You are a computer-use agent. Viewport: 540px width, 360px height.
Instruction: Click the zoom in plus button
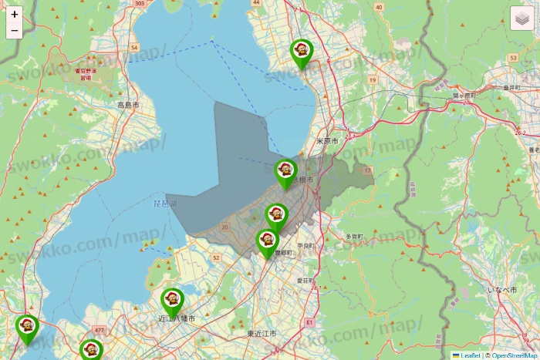point(15,15)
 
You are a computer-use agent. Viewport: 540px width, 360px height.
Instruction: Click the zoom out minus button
point(15,31)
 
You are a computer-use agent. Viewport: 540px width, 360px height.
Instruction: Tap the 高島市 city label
point(128,105)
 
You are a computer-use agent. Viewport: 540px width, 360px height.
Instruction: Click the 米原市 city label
point(328,142)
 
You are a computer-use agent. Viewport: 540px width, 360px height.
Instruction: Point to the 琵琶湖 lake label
point(165,204)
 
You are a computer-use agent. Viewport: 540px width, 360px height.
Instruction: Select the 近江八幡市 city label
point(177,318)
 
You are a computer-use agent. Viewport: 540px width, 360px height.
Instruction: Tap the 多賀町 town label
point(354,236)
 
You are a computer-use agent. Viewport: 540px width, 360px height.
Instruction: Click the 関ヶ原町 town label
point(464,95)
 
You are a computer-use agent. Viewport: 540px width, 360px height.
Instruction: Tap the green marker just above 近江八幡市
point(172,301)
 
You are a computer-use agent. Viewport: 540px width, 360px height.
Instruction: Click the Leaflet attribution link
point(470,355)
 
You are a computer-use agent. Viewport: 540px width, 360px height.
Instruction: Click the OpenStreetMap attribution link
point(514,355)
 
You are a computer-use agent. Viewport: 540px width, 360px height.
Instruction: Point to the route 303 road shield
point(139,4)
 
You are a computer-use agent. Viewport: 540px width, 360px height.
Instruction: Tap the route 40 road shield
point(378,7)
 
